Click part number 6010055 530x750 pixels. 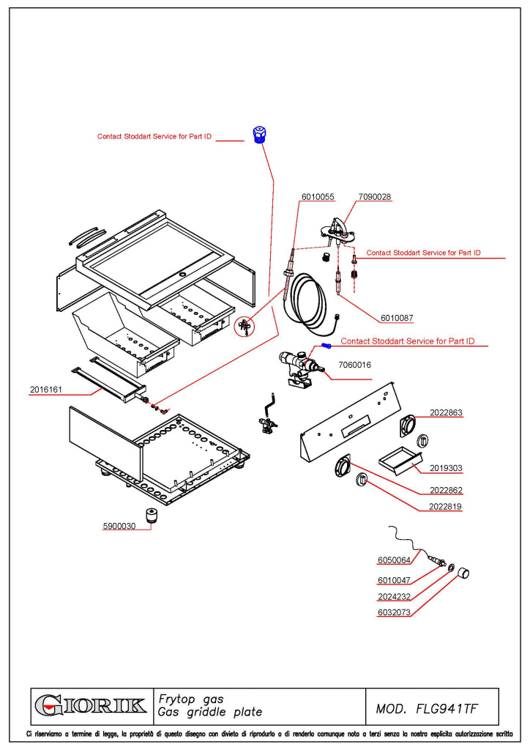pyautogui.click(x=318, y=196)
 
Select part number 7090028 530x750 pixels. pyautogui.click(x=375, y=196)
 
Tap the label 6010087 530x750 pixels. pyautogui.click(x=397, y=318)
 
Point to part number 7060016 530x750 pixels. pyautogui.click(x=354, y=365)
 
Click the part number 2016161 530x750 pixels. pyautogui.click(x=46, y=390)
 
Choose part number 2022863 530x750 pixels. pyautogui.click(x=446, y=413)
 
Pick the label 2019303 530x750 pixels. pyautogui.click(x=446, y=468)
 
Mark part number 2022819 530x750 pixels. pyautogui.click(x=445, y=507)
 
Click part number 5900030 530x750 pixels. pyautogui.click(x=119, y=526)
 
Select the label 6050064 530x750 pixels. pyautogui.click(x=394, y=560)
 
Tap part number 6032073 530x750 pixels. pyautogui.click(x=394, y=612)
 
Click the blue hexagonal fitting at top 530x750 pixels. pyautogui.click(x=259, y=135)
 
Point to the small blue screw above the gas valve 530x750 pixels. pyautogui.click(x=326, y=346)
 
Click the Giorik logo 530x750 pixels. pyautogui.click(x=91, y=705)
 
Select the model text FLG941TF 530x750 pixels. pyautogui.click(x=447, y=708)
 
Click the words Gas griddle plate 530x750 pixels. pyautogui.click(x=210, y=712)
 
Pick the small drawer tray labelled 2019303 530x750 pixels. pyautogui.click(x=400, y=460)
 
